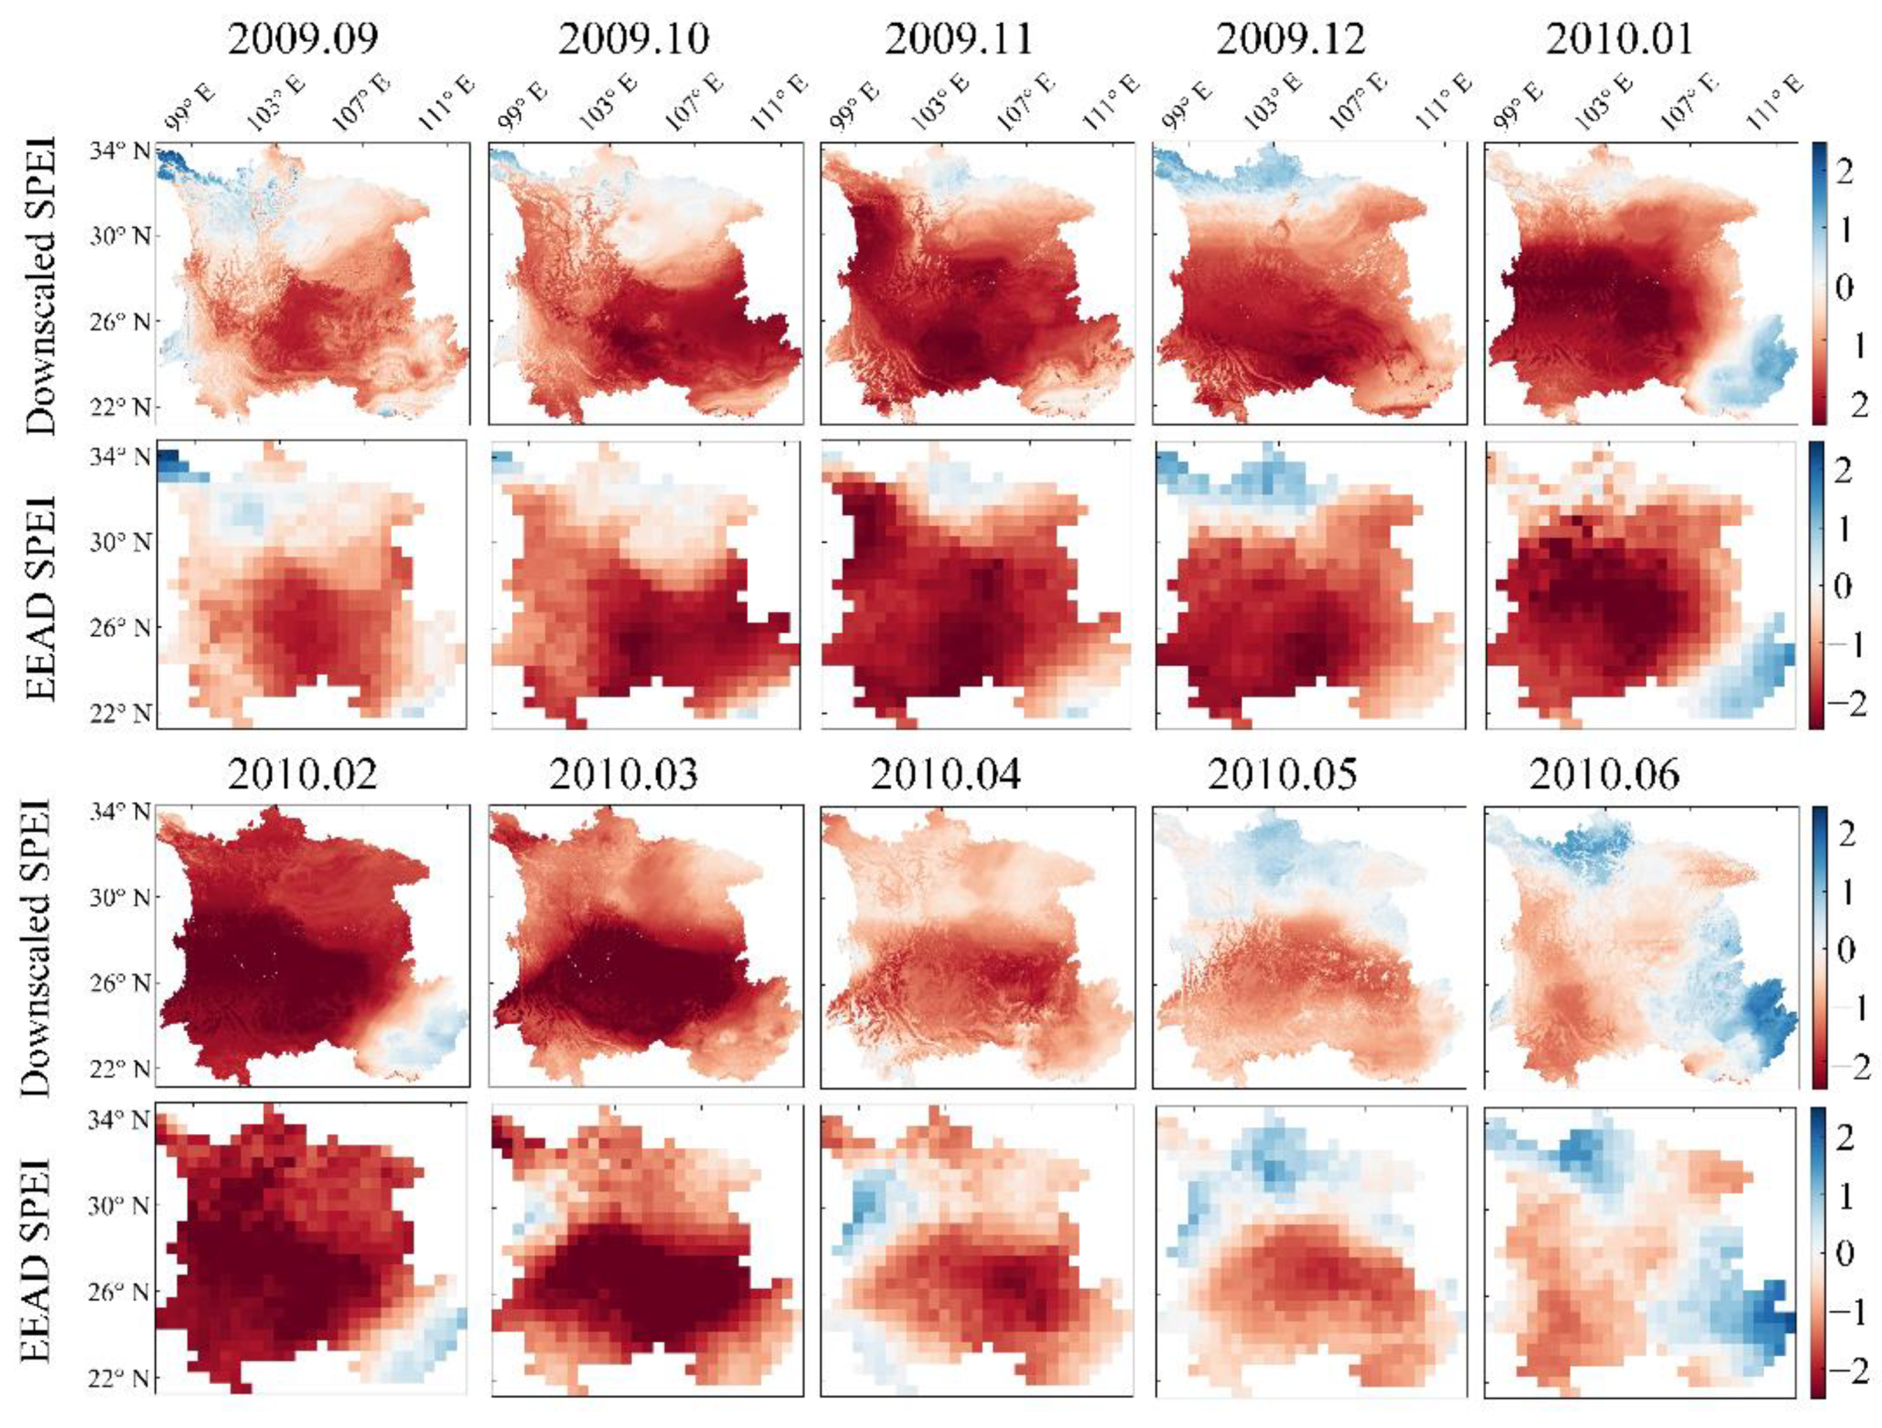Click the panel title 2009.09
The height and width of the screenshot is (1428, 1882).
coord(303,39)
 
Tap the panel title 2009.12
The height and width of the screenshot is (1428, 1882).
coord(1291,39)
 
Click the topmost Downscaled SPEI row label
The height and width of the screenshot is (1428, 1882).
coord(40,285)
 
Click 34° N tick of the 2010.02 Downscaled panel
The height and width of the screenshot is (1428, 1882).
coord(119,811)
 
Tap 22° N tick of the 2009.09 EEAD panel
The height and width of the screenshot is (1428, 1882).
coord(119,712)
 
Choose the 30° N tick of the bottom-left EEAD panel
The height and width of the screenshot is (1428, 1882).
coord(119,1205)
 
